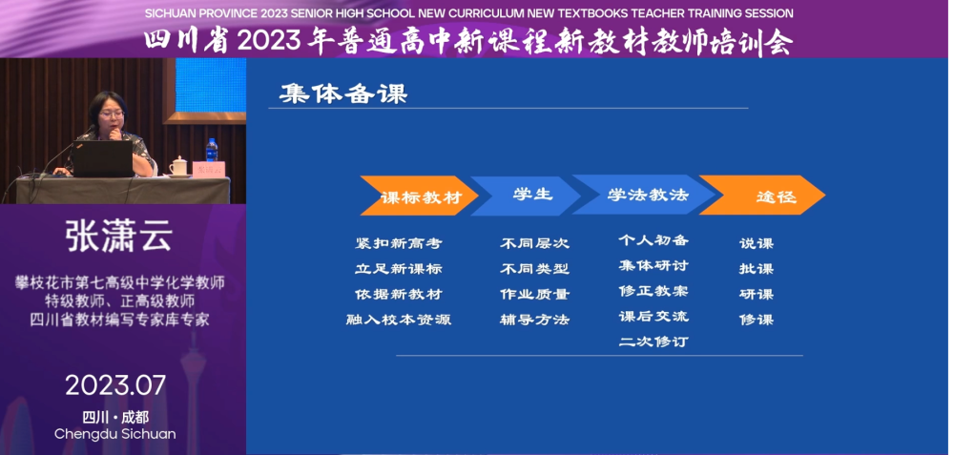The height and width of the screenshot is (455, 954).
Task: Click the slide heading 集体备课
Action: pos(343,93)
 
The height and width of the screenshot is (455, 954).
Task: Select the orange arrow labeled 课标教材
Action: pos(419,196)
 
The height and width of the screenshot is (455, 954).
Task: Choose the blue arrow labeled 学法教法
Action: pos(644,195)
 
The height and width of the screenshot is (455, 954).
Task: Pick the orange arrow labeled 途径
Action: pos(762,196)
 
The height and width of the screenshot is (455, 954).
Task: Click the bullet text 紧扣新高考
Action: pos(399,243)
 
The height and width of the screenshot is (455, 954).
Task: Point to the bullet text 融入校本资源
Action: pos(399,320)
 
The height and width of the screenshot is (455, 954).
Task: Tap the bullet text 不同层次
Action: pos(534,243)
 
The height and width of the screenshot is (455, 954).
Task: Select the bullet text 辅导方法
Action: pos(534,320)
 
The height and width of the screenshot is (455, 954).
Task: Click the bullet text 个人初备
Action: pos(653,239)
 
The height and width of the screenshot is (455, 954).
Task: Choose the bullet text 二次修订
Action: pos(653,341)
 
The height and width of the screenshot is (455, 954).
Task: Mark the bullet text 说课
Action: pos(757,243)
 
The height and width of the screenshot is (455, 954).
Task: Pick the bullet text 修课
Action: pos(757,320)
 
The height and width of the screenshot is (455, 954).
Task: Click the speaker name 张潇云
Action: pos(119,236)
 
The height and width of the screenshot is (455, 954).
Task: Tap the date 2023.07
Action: pos(115,385)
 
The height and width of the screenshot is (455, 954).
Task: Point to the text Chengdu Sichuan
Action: pos(115,434)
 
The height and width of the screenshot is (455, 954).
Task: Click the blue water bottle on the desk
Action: pos(212,151)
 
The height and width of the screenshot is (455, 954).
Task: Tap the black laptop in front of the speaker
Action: pos(102,158)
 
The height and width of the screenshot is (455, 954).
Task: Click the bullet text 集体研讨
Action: pos(653,265)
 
